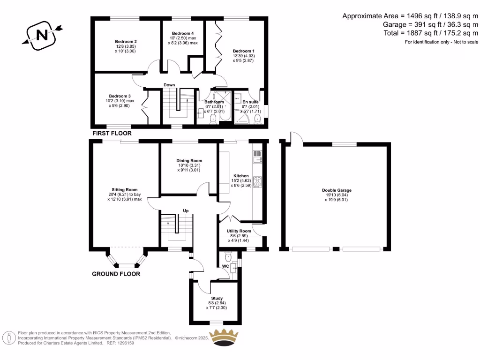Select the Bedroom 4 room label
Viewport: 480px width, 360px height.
click(x=182, y=33)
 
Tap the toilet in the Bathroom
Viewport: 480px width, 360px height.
click(x=214, y=119)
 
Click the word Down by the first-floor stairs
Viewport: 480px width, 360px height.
click(x=169, y=85)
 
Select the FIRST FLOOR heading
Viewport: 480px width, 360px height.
click(x=112, y=134)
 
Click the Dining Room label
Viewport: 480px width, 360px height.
click(x=189, y=161)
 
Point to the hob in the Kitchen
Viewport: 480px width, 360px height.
click(x=257, y=181)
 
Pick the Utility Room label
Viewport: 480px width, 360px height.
click(x=239, y=231)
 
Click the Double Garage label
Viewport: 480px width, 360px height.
click(x=336, y=190)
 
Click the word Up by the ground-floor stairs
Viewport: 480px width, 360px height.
click(x=186, y=211)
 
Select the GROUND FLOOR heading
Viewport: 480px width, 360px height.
click(x=115, y=274)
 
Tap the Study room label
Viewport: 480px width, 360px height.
click(x=217, y=298)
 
